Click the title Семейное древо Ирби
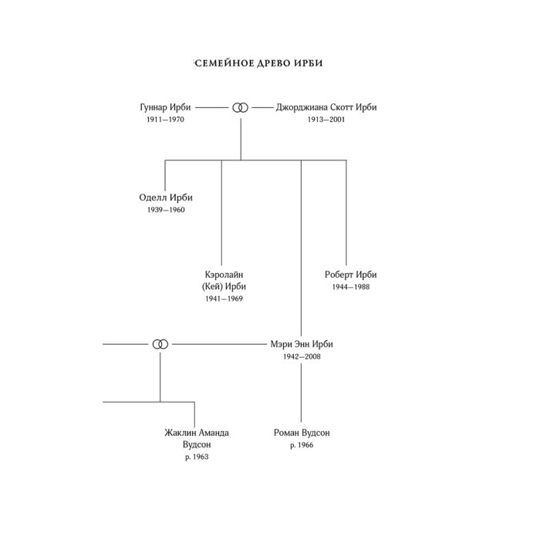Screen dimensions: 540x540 click(x=258, y=63)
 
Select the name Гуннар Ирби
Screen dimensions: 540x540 click(x=165, y=107)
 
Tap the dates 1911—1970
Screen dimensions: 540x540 click(x=165, y=120)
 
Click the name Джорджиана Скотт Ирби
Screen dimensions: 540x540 click(x=326, y=107)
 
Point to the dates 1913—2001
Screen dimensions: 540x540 click(x=326, y=120)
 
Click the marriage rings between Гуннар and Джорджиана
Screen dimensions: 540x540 click(x=240, y=108)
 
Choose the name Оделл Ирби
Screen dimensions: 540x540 click(x=166, y=197)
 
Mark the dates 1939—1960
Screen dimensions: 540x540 click(x=166, y=210)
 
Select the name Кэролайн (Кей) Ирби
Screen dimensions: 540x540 click(x=224, y=280)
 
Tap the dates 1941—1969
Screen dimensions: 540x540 click(x=224, y=299)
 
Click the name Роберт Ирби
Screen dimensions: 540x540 click(x=350, y=275)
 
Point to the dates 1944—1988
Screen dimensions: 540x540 click(x=350, y=287)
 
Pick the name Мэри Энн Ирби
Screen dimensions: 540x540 click(x=302, y=344)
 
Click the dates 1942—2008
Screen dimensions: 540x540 click(x=302, y=356)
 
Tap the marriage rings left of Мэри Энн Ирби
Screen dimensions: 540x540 click(x=160, y=344)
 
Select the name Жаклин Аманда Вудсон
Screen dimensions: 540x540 click(x=197, y=438)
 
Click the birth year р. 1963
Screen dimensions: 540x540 click(x=197, y=457)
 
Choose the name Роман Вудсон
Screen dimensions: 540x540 click(x=302, y=433)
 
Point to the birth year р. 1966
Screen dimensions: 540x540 click(x=302, y=445)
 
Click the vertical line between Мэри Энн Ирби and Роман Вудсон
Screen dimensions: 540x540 click(x=302, y=393)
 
